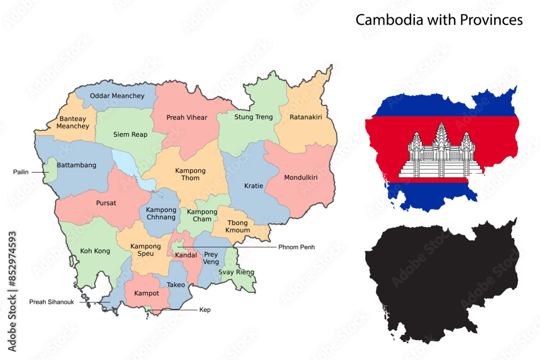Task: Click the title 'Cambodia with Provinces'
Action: point(438,20)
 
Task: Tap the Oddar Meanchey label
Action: point(117,96)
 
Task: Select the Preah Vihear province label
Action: point(187,118)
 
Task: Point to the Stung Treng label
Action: point(253,117)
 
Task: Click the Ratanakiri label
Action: point(306,117)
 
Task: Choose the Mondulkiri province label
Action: point(301,177)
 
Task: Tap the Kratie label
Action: point(253,186)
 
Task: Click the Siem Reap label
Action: point(130,134)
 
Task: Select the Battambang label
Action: point(77,165)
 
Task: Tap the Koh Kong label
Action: point(95,251)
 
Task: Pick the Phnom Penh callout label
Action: point(296,247)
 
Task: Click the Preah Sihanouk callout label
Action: point(54,302)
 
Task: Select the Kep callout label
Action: point(205,310)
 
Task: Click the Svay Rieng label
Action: point(236,272)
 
